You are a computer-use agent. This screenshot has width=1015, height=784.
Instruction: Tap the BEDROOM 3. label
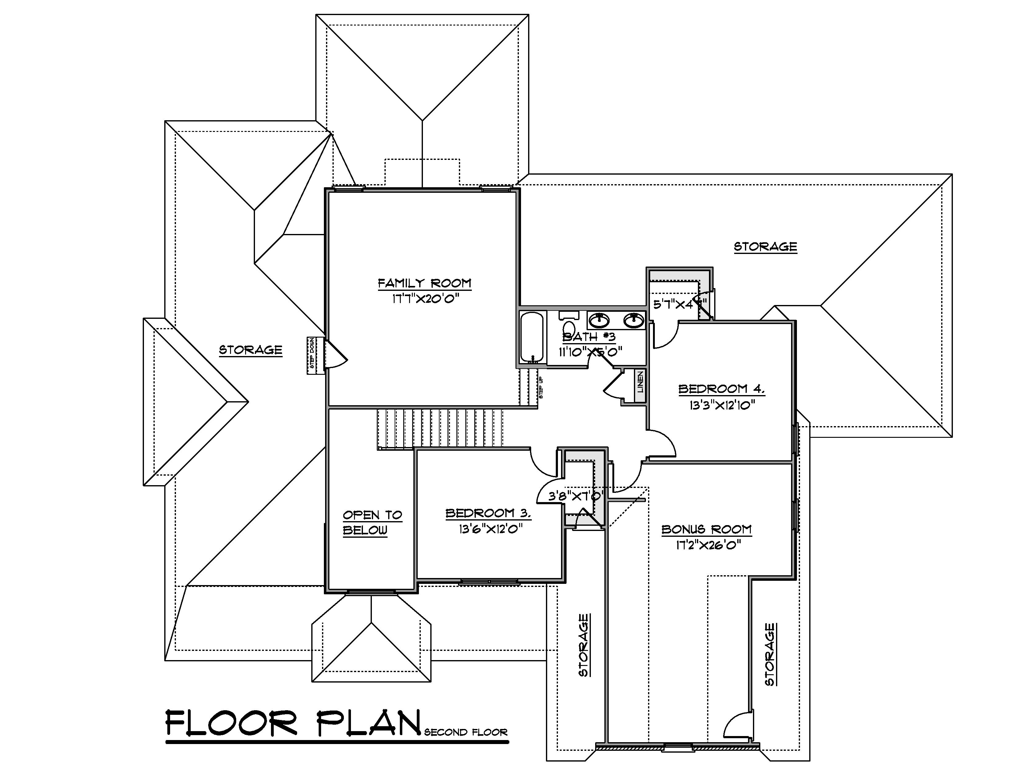(488, 513)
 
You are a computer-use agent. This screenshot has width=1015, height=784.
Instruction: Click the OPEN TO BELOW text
(372, 522)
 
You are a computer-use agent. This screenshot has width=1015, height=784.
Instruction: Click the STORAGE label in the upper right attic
(765, 246)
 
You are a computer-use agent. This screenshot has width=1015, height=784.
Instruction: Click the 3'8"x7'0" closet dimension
(576, 496)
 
